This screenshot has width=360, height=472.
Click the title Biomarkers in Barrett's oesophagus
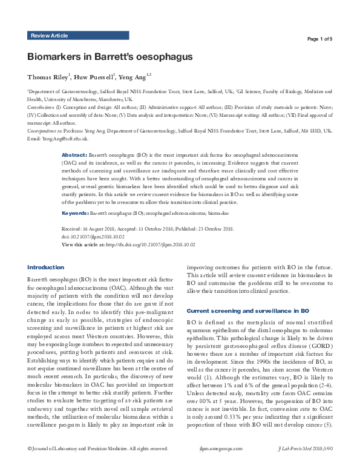pos(110,57)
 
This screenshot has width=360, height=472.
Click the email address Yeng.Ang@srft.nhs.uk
pos(64,138)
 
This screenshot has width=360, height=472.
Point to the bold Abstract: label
pos(75,156)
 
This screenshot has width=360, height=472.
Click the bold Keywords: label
pos(76,214)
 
